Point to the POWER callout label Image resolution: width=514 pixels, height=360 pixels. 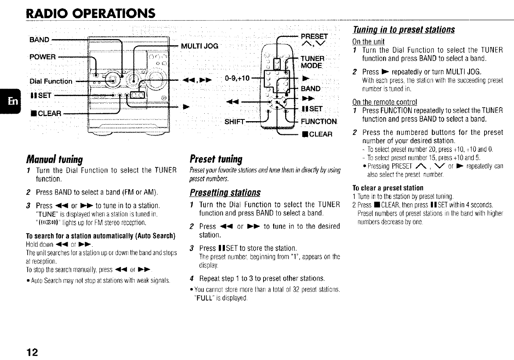pos(43,57)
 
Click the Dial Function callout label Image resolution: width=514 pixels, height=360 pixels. pos(51,81)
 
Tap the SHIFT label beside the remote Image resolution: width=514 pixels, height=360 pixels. pos(234,121)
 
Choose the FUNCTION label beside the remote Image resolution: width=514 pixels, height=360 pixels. pos(319,122)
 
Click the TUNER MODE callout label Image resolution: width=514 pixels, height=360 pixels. pos(312,63)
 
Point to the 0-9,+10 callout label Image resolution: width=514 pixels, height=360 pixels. pos(237,79)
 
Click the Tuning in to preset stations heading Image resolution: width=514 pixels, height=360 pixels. pos(404,30)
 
